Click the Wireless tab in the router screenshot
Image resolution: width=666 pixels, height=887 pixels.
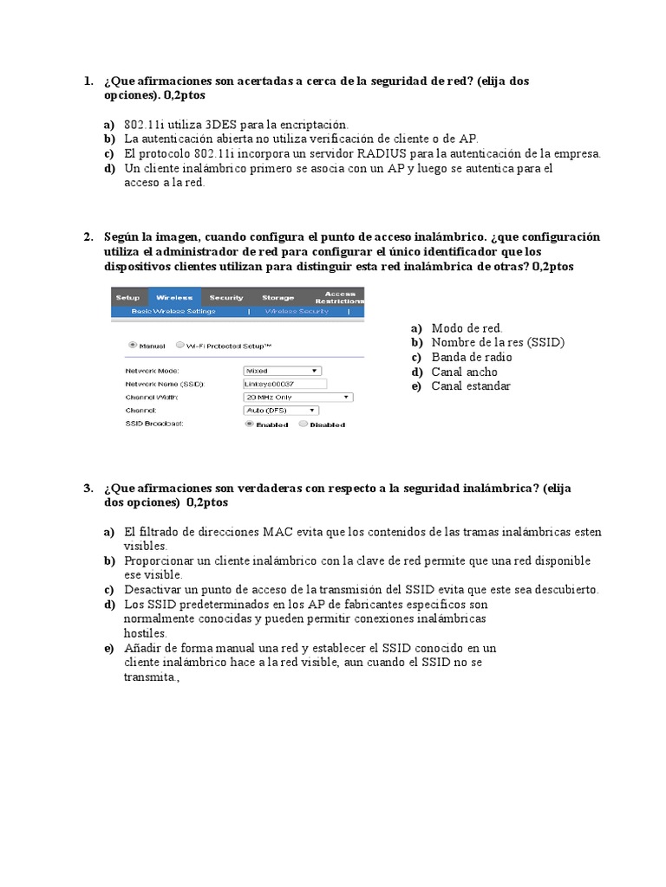point(174,297)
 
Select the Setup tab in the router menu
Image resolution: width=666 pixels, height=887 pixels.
point(127,297)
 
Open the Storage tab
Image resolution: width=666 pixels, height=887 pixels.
point(278,297)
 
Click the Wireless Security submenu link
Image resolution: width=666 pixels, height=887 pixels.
point(297,309)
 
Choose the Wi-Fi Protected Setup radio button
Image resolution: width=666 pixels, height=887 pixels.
point(180,344)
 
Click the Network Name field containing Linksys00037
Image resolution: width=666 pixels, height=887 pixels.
point(284,383)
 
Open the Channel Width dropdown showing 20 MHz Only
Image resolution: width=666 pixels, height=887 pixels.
point(298,397)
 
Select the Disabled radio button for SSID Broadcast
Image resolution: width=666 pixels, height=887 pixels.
point(303,424)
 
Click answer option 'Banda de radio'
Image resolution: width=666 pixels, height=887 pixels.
point(472,357)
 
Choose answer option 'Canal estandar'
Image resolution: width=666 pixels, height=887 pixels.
point(471,386)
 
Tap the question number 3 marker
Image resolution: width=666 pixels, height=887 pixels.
point(88,489)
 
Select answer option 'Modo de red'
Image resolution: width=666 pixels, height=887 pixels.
point(467,327)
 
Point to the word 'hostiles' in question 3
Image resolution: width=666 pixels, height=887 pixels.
point(145,633)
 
